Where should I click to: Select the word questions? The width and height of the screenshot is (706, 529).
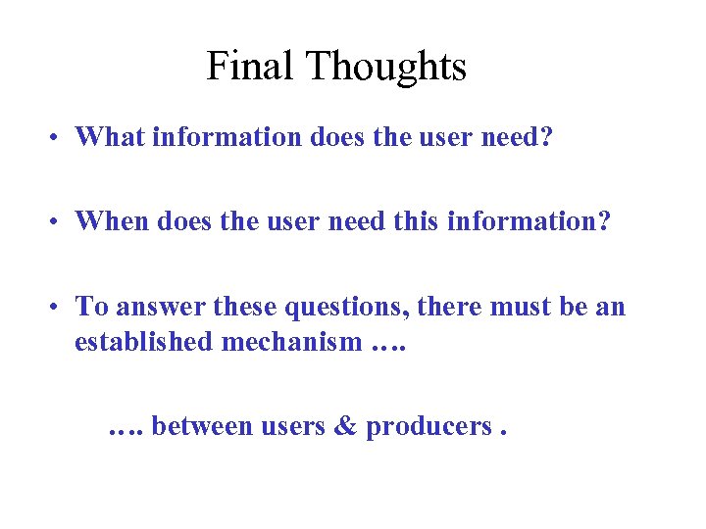click(x=346, y=308)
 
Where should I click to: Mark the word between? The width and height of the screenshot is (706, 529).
click(x=202, y=426)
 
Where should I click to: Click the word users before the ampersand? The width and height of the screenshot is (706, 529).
click(x=292, y=428)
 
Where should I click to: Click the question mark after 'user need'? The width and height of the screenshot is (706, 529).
click(x=546, y=136)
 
